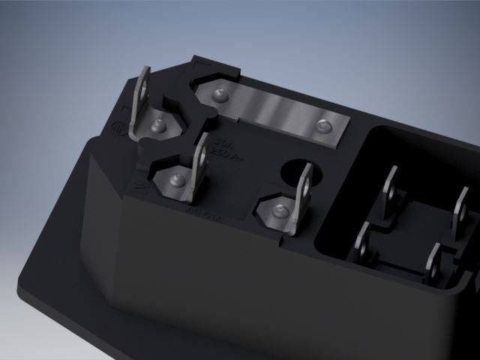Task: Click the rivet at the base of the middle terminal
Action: (x=177, y=181)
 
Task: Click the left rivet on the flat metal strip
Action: (x=219, y=94)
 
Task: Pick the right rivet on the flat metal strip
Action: (x=323, y=126)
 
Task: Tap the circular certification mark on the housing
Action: (x=117, y=128)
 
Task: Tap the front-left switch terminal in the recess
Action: (x=362, y=241)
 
